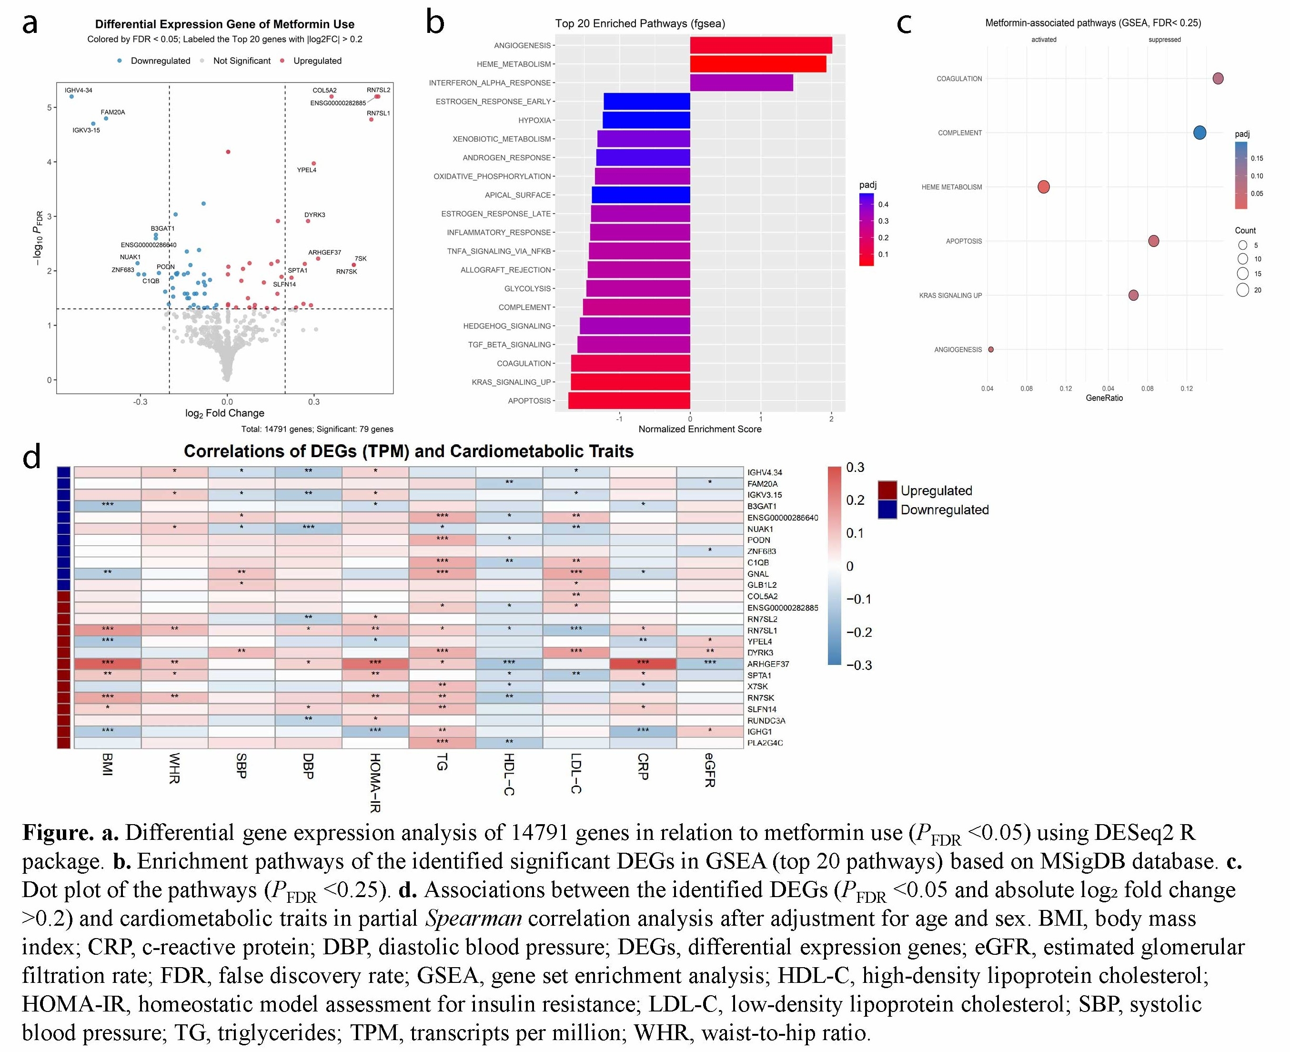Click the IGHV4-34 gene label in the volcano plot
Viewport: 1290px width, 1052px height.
(78, 90)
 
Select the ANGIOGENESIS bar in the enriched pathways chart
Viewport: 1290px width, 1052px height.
(760, 45)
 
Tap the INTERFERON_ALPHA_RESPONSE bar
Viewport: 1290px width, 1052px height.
(741, 83)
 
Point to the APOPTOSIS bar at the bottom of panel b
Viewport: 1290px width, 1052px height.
(629, 400)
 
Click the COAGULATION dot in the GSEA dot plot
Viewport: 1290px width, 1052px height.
(1218, 78)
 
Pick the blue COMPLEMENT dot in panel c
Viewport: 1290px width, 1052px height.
(1199, 133)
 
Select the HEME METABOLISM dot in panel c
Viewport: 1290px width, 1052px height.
(1043, 187)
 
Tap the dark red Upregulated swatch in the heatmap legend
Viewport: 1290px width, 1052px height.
(887, 490)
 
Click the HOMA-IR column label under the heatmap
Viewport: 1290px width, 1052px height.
(375, 782)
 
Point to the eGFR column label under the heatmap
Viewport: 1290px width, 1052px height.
(710, 770)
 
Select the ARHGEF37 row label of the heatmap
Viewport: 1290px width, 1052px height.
(768, 664)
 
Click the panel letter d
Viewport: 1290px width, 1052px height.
(31, 456)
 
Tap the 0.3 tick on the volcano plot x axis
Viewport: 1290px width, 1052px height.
(314, 402)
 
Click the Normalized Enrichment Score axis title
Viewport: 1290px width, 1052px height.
(699, 429)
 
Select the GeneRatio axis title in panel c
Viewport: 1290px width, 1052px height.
(1104, 398)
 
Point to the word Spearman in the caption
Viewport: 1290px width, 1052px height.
(473, 919)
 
